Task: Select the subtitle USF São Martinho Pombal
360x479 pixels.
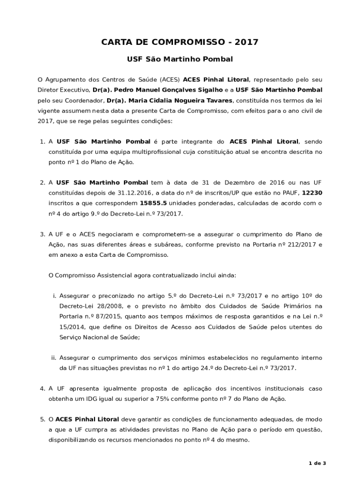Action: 180,60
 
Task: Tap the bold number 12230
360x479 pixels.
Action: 312,193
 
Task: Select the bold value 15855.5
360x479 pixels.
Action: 153,203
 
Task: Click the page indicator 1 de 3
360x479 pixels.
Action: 317,463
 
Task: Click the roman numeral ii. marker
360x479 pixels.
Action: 53,358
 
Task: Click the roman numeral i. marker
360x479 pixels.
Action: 54,296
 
